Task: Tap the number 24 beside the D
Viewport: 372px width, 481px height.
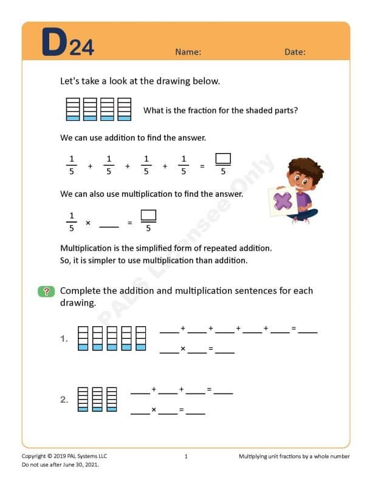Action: point(81,48)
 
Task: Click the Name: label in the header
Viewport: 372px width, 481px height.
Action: point(188,52)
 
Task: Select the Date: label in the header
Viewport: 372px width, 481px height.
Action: point(295,52)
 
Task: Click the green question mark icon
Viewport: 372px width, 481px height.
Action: point(46,292)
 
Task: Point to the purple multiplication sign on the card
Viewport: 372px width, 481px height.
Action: point(283,201)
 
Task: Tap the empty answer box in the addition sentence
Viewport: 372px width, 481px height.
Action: point(223,159)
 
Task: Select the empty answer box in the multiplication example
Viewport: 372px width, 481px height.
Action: point(148,216)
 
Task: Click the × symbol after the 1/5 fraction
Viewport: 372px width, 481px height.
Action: point(88,223)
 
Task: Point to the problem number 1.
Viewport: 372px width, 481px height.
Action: point(64,339)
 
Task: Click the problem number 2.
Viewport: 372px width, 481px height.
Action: point(64,400)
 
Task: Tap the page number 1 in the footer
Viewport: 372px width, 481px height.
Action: point(186,456)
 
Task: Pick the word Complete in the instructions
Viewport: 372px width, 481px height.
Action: point(80,291)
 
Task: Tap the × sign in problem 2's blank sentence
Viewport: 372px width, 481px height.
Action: point(153,410)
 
